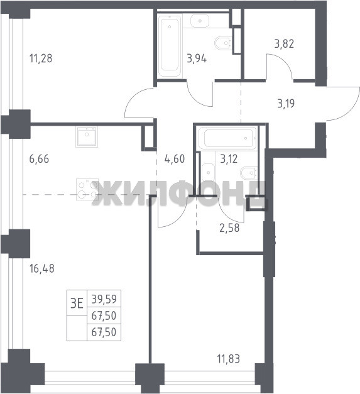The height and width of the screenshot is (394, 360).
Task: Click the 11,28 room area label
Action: [x=41, y=58]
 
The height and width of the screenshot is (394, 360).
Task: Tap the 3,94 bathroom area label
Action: [x=197, y=59]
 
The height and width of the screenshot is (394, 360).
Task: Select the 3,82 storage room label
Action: [x=284, y=44]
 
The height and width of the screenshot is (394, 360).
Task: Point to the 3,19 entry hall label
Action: [x=286, y=104]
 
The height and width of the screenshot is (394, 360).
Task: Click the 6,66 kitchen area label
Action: [x=39, y=159]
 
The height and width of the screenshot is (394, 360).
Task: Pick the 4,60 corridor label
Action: [x=175, y=159]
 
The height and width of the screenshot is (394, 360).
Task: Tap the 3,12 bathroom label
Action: [x=229, y=159]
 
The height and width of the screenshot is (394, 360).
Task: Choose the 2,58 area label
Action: [x=229, y=228]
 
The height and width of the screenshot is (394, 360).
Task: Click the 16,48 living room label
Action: [x=41, y=268]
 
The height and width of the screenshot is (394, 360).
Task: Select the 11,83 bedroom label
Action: [x=228, y=359]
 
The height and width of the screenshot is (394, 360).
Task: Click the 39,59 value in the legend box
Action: [x=104, y=299]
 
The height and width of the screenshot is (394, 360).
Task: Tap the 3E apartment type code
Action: [x=77, y=304]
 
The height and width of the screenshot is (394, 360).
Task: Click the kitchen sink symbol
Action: [x=87, y=137]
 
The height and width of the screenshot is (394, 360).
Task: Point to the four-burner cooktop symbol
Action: [x=87, y=189]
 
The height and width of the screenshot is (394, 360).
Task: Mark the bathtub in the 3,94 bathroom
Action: [x=170, y=47]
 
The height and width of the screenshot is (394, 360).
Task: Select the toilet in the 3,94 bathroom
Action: [x=223, y=43]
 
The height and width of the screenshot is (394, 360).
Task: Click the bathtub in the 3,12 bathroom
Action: [x=227, y=138]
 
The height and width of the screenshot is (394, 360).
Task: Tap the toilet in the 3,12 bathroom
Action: [x=249, y=173]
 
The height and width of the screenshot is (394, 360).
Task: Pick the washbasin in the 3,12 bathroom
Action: [x=208, y=173]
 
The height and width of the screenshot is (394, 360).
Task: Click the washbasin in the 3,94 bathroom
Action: [x=200, y=21]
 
